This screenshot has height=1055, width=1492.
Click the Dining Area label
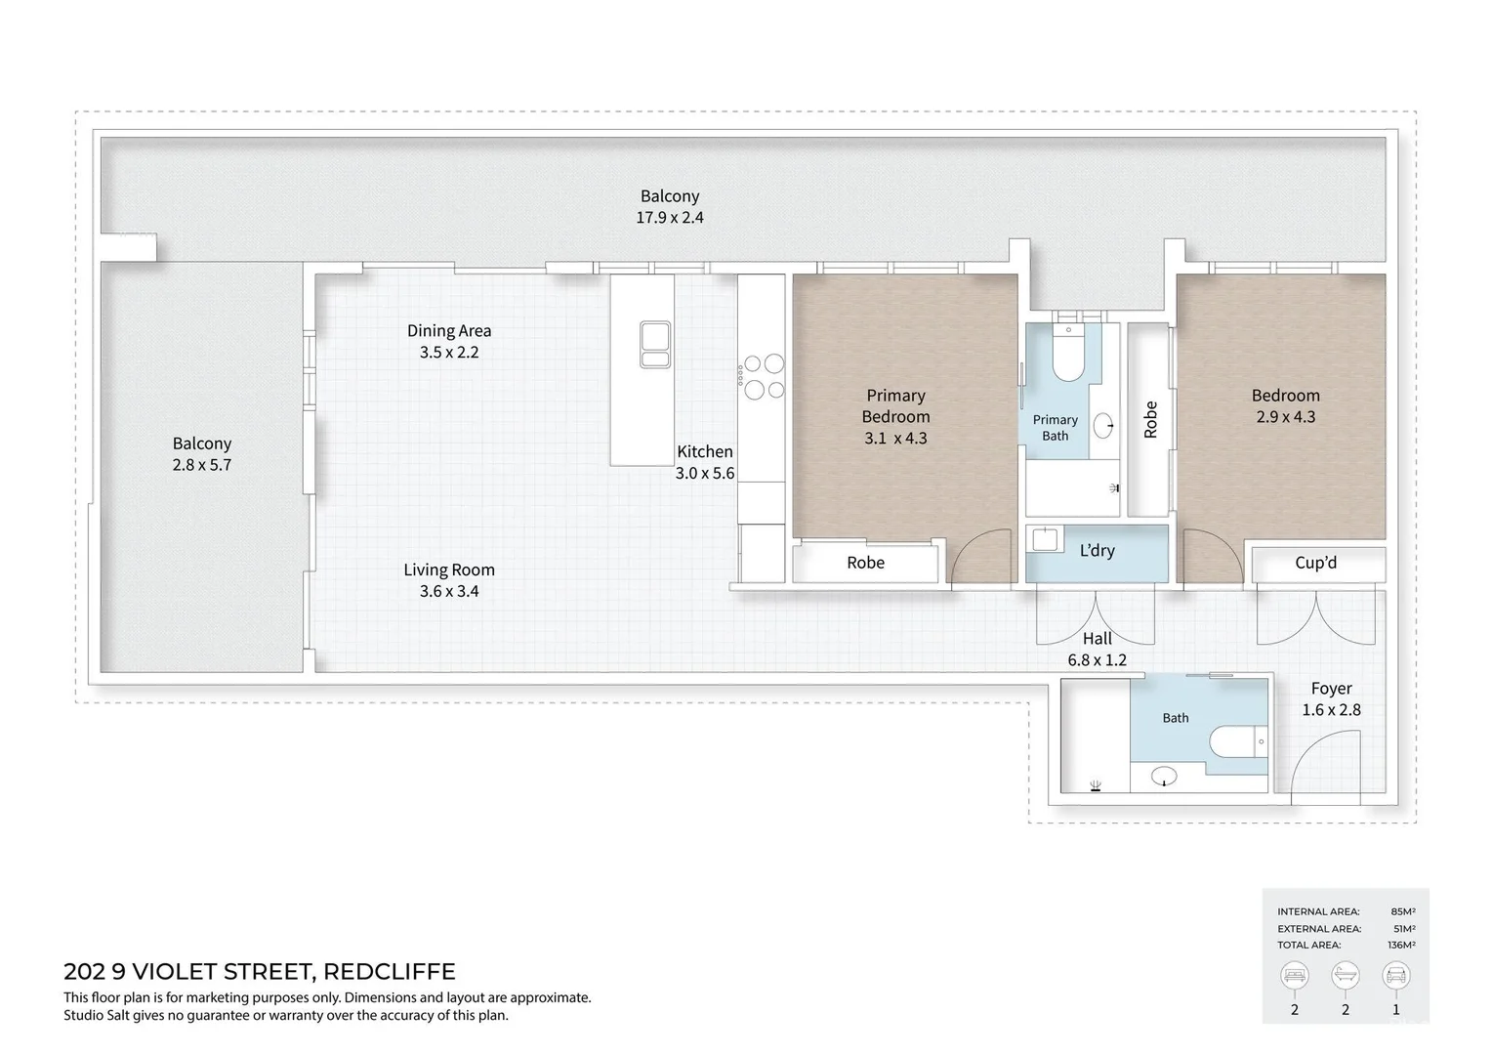449,330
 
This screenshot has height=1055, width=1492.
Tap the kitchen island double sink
655,344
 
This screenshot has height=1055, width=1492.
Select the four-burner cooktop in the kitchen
764,377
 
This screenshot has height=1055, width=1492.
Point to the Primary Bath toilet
1068,353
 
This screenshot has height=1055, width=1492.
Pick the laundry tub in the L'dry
1045,539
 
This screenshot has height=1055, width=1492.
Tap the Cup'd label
1315,563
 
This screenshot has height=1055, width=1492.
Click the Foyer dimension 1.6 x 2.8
1331,710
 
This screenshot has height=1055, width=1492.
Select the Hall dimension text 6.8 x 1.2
1097,659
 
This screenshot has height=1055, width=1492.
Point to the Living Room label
449,570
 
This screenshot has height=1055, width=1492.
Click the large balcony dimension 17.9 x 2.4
670,217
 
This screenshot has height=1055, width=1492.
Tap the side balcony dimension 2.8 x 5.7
202,465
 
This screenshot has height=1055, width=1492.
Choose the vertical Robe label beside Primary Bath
1150,420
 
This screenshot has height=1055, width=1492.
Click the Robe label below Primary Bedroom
865,563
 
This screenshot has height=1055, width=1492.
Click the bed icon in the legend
1294,976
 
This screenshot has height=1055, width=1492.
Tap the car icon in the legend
1395,976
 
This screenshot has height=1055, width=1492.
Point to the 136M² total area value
1401,945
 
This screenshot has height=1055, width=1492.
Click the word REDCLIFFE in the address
389,972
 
